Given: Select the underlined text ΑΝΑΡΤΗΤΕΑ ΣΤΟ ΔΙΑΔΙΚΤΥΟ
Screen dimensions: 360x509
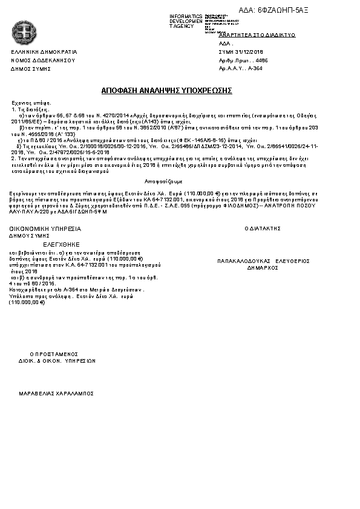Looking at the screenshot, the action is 257,36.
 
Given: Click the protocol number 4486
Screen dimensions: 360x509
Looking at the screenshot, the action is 263,61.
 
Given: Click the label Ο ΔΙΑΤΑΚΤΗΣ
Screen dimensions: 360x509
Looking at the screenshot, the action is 263,229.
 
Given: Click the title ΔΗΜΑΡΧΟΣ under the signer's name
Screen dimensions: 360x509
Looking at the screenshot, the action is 263,267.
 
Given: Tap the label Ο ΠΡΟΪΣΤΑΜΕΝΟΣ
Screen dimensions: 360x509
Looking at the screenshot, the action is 54,354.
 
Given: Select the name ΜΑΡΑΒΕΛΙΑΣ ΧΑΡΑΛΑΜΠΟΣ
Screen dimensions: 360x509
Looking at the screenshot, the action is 56,393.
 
